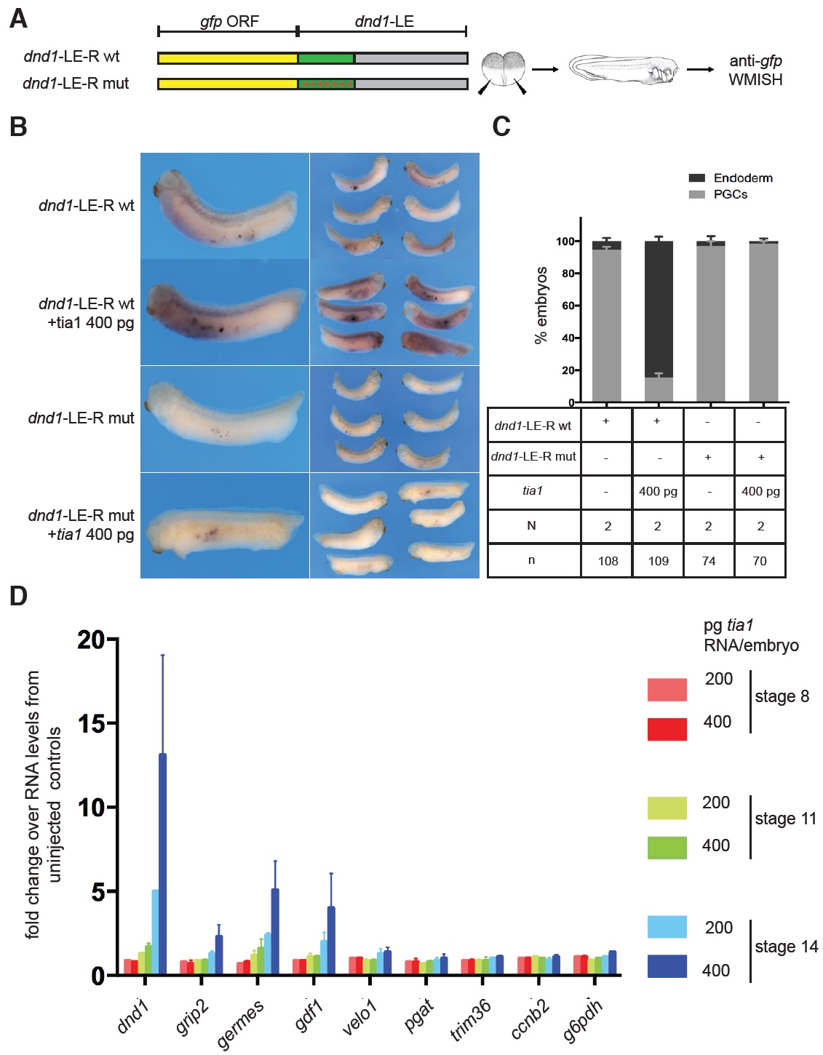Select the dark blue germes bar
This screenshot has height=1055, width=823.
click(x=275, y=931)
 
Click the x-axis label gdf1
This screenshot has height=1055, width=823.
click(x=310, y=1015)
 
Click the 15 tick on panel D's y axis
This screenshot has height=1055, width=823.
click(x=93, y=723)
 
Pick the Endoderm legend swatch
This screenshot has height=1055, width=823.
click(x=696, y=178)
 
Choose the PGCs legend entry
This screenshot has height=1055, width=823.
click(x=730, y=194)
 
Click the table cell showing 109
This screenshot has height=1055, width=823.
click(x=658, y=561)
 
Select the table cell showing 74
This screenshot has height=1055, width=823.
click(x=708, y=561)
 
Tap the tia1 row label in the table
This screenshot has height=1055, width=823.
click(x=533, y=491)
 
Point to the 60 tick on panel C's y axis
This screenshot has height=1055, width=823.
click(x=568, y=306)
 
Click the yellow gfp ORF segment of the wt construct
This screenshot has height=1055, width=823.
click(x=228, y=58)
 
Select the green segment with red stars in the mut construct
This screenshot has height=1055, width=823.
click(x=326, y=84)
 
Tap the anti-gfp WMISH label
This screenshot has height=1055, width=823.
click(x=755, y=71)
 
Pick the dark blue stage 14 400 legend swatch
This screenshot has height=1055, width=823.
click(x=667, y=966)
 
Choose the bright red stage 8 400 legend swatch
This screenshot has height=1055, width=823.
click(x=667, y=729)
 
